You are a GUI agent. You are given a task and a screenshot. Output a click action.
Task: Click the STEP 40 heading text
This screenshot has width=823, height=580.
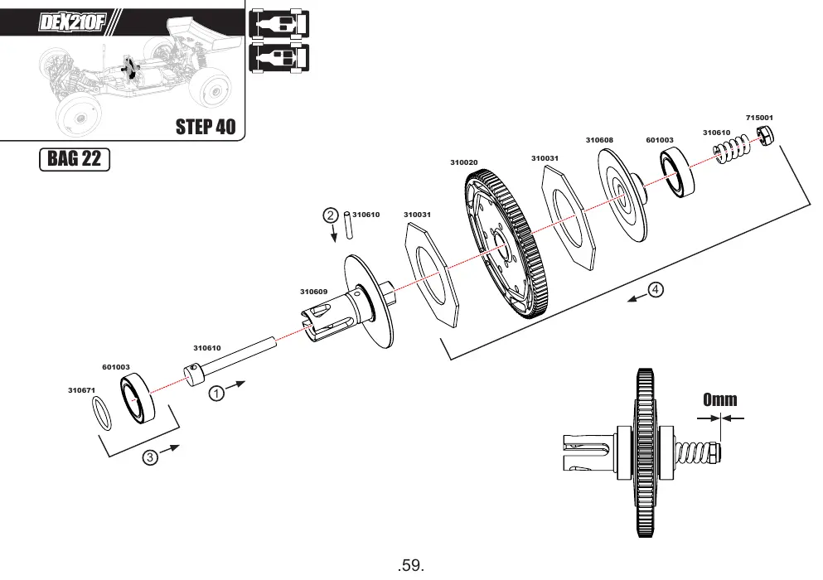(x=206, y=127)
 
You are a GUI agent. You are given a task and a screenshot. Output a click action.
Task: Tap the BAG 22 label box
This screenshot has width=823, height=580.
(x=75, y=159)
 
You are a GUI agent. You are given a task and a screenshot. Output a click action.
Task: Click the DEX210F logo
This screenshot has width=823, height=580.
(x=72, y=22)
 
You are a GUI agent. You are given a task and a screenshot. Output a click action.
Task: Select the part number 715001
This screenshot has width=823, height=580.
(x=759, y=118)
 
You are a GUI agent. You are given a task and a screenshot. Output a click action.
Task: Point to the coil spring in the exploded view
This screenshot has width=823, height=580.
(x=732, y=148)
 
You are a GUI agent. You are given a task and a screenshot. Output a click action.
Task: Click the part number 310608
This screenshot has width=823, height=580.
(x=599, y=140)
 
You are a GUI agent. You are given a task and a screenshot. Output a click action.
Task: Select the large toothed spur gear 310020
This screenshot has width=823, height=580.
(x=506, y=244)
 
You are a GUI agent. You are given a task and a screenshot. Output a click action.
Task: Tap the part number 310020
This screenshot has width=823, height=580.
(x=464, y=162)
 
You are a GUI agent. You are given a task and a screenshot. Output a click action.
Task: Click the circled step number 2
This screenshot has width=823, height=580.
(x=330, y=215)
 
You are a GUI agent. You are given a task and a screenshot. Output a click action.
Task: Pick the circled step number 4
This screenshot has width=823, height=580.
(x=655, y=289)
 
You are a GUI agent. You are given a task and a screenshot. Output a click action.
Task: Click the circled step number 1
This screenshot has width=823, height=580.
(x=216, y=393)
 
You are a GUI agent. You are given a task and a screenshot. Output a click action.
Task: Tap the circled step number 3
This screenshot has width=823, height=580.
(x=150, y=457)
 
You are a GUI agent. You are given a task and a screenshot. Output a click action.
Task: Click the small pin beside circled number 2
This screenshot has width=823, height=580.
(x=348, y=225)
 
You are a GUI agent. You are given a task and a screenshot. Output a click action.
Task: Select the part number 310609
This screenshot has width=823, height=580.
(x=314, y=292)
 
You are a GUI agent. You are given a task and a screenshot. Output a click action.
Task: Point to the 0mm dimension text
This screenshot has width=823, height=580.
(x=719, y=400)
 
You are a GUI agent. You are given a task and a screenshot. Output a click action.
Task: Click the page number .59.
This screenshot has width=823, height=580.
(x=411, y=565)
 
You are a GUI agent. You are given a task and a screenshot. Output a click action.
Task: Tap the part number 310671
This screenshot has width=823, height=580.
(x=82, y=390)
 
